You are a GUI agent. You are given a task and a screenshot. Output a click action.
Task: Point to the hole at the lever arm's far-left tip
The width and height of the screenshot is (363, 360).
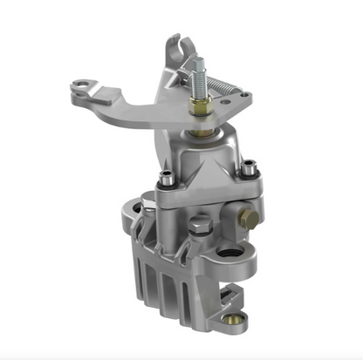[82, 85]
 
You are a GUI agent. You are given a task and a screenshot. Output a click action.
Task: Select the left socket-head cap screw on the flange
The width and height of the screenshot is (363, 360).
[163, 181]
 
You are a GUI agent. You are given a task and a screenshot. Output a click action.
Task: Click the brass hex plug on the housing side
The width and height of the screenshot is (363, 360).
[251, 220]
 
